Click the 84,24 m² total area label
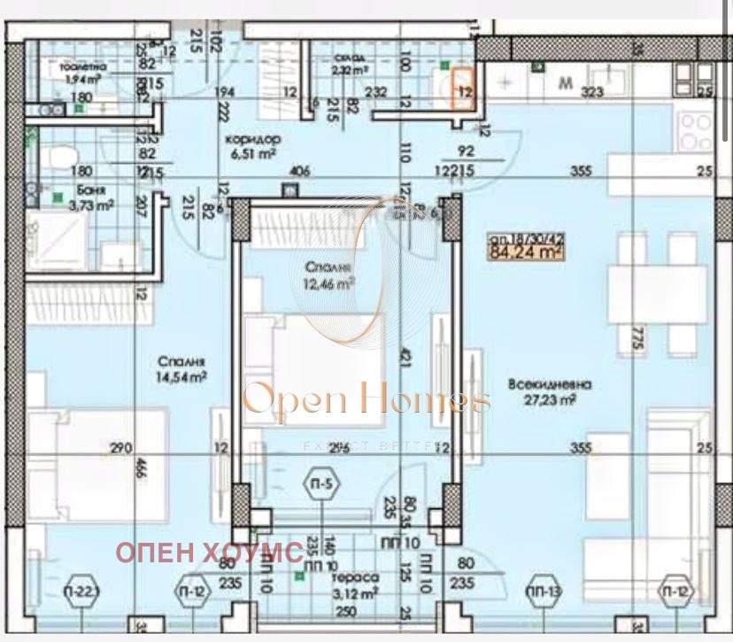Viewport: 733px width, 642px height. [x=527, y=252]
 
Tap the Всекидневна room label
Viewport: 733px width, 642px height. [x=550, y=384]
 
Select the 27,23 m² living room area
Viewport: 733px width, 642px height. [x=556, y=399]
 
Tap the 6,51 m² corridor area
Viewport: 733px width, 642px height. [x=252, y=153]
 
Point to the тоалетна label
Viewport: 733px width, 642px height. [x=83, y=66]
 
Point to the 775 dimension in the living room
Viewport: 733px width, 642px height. [x=635, y=339]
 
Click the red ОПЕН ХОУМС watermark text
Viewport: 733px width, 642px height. [x=210, y=553]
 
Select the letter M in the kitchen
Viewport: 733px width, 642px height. [x=565, y=84]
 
